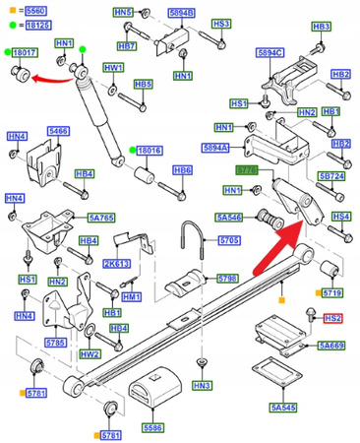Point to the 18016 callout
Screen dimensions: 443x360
(149, 151)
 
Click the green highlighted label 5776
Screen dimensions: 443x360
(250, 171)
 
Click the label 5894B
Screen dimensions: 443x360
(181, 12)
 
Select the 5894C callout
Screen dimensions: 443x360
(270, 52)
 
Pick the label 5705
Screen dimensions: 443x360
(229, 239)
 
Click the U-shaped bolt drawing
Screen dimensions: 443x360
(192, 241)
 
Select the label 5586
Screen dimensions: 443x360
(152, 428)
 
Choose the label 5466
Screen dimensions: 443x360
(58, 130)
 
